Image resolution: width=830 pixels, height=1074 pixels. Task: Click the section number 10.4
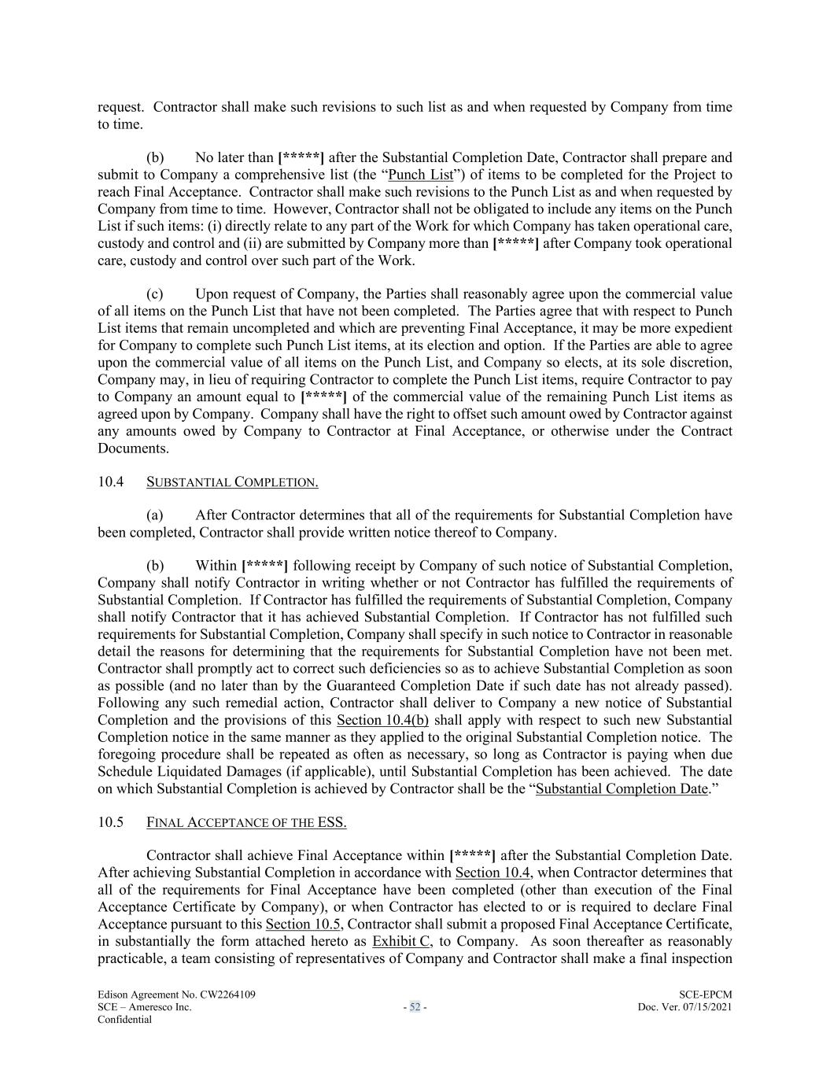click(110, 482)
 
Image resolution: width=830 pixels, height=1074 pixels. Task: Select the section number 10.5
click(110, 822)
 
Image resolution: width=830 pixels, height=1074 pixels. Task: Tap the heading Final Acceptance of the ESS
click(246, 822)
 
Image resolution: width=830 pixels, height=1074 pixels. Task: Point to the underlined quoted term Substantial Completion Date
click(622, 788)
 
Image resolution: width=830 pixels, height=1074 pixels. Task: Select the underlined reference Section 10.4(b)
click(382, 720)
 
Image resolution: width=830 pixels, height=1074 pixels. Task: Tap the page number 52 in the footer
click(415, 1007)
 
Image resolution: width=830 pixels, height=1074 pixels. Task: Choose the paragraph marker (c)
click(155, 294)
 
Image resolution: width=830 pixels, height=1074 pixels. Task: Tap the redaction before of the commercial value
click(323, 397)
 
